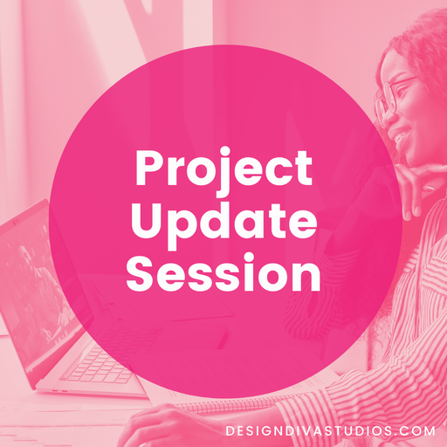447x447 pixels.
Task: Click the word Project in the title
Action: [223, 169]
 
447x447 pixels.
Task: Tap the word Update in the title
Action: [223, 222]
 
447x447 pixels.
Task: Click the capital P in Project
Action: [148, 168]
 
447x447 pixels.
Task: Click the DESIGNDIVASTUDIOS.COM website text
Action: [329, 430]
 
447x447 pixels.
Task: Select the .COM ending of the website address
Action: [414, 430]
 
